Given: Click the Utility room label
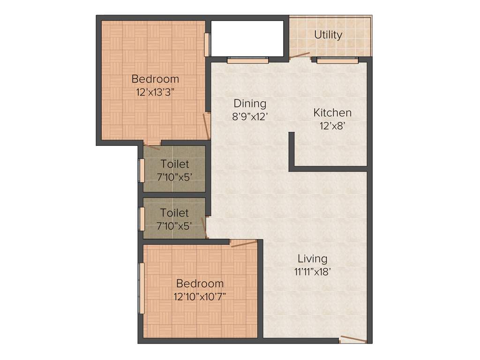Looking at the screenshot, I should click(328, 35).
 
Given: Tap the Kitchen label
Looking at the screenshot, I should click(332, 112).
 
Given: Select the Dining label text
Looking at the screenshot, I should click(250, 103).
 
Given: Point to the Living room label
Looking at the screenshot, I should click(313, 258).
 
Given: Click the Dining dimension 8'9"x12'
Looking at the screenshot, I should click(250, 116).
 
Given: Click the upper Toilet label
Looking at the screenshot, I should click(175, 164).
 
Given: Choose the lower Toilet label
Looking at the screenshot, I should click(174, 213).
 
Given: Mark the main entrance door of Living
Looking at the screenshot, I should click(353, 339).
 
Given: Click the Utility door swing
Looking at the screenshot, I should click(300, 56).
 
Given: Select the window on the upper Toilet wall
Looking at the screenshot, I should click(141, 170).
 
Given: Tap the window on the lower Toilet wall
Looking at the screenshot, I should click(141, 218).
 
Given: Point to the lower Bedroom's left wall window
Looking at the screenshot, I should click(141, 288).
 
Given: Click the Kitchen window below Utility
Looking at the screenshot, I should click(337, 60).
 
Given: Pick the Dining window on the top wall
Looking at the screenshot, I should click(248, 60).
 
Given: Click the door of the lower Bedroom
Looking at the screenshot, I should click(244, 243).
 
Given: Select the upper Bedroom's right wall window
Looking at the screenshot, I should click(207, 45).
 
